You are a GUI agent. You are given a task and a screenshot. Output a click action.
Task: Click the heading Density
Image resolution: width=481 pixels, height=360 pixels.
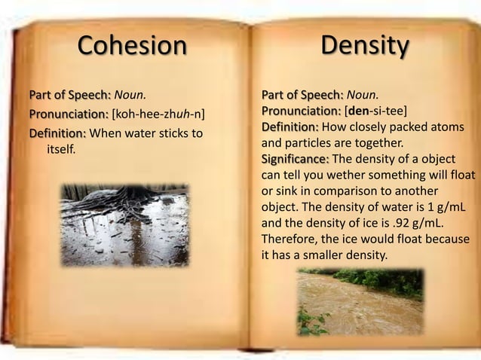[365, 45]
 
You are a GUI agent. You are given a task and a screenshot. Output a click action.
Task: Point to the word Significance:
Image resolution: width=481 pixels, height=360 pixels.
[295, 158]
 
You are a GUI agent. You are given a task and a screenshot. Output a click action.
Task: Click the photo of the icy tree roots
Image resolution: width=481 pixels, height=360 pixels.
[124, 224]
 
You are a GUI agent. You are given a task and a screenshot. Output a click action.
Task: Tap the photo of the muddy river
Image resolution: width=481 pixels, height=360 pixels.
[360, 301]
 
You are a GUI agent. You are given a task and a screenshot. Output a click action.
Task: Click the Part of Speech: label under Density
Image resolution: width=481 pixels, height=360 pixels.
[302, 95]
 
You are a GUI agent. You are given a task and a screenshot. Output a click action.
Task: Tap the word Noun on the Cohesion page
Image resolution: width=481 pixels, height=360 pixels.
[128, 96]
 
